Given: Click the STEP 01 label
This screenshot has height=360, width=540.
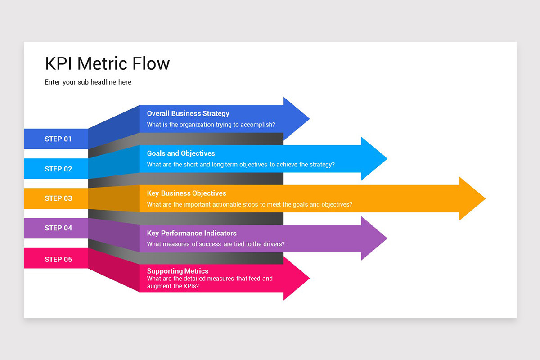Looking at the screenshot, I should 58,139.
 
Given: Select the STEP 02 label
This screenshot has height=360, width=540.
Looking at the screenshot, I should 58,169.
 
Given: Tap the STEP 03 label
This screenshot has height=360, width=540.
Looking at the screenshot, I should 58,198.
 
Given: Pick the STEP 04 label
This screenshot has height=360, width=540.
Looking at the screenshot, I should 58,228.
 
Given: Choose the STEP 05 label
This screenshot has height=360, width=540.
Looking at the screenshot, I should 58,259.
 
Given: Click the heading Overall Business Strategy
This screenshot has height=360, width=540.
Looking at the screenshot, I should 188,113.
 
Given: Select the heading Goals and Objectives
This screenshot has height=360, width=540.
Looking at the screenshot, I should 181,153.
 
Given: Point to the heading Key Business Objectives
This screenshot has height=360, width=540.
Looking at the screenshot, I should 186,193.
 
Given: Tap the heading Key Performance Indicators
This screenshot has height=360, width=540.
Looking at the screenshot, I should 192,233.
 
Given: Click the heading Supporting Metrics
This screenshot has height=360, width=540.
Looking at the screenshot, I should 178,271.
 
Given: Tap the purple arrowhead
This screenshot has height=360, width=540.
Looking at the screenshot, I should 373,238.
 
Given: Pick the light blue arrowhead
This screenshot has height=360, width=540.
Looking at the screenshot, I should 373,159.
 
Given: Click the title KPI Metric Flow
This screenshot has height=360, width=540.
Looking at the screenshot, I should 107,63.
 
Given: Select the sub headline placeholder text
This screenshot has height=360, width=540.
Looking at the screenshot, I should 88,82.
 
